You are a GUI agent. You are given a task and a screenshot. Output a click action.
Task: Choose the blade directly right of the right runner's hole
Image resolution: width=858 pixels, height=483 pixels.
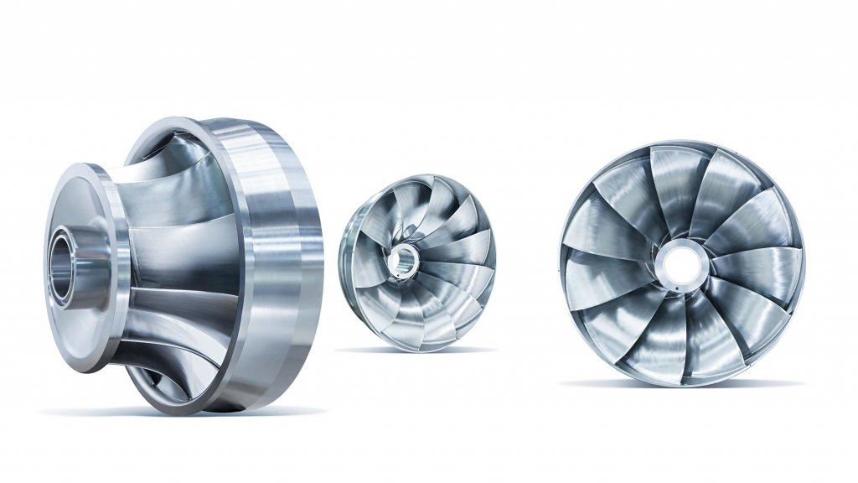click(x=750, y=264)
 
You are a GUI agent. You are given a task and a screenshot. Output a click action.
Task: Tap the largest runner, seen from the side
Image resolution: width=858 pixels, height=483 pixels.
click(x=184, y=264)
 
